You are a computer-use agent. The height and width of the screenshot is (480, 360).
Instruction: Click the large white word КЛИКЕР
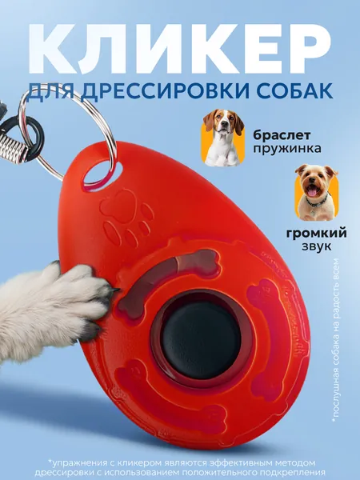click(180, 48)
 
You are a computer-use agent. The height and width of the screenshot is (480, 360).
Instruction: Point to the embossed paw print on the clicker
click(126, 217)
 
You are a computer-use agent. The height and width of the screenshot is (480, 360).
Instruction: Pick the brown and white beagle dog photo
click(223, 138)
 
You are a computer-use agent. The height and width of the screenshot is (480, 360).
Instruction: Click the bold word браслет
click(282, 135)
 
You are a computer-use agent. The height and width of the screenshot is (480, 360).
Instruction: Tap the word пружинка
click(287, 149)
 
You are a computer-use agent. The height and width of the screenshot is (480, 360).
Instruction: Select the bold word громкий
click(317, 234)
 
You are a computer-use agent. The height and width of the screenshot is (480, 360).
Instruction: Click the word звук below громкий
click(317, 246)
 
